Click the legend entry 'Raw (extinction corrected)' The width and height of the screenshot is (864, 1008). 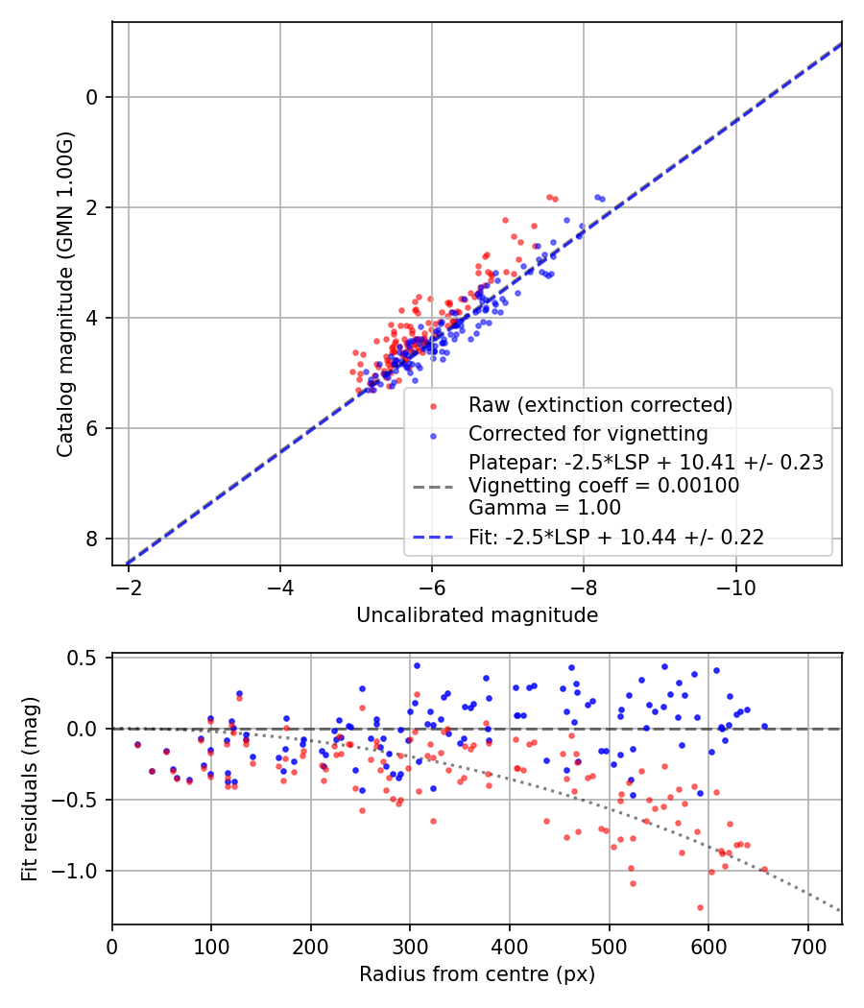(x=600, y=405)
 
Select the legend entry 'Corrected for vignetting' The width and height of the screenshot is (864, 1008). (x=588, y=433)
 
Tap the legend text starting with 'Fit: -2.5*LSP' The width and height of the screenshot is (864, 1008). (x=616, y=538)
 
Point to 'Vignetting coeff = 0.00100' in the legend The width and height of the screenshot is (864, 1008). (x=604, y=486)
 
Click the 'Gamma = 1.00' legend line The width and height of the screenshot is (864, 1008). (x=544, y=508)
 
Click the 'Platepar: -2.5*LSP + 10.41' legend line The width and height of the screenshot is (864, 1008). (x=645, y=463)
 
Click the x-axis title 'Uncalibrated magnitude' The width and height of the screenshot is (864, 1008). (x=477, y=615)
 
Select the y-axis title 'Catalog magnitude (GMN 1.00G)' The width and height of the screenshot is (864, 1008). (x=64, y=293)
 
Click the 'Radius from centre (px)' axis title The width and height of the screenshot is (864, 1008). (x=477, y=974)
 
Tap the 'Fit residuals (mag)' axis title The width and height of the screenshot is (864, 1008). (x=30, y=789)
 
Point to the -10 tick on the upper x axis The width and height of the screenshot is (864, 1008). (x=735, y=585)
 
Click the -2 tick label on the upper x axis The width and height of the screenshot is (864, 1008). (x=129, y=585)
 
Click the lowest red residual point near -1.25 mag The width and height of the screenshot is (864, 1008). (x=700, y=907)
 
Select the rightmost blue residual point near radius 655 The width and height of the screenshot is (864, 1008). (x=764, y=727)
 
